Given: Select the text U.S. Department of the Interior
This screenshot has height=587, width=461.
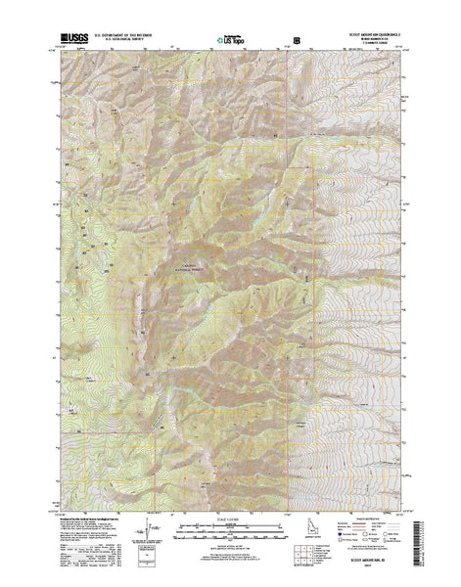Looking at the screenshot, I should click(138, 38).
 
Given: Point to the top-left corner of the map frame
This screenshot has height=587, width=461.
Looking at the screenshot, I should click(62, 54).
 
